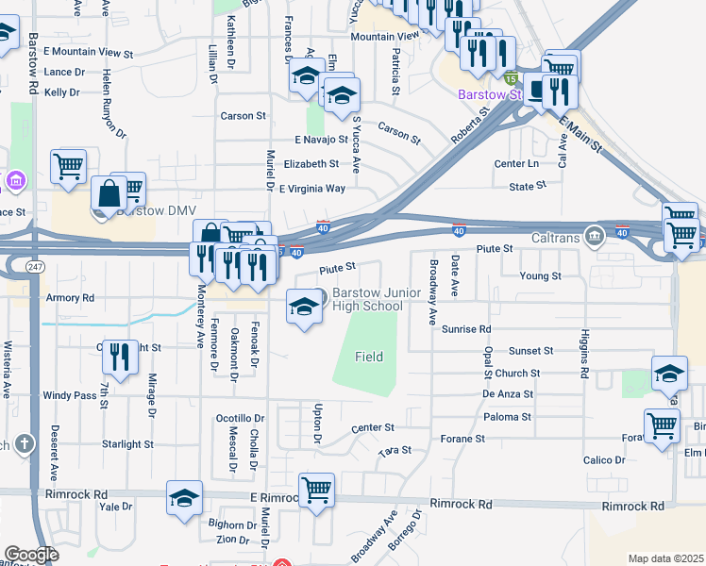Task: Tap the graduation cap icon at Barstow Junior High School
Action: point(303,308)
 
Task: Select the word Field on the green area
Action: point(369,357)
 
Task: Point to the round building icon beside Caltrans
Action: point(593,234)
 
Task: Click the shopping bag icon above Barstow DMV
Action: point(110,193)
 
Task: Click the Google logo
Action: point(31,555)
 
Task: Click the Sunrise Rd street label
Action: point(466,329)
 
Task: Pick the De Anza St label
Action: point(508,394)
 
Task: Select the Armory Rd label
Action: point(70,297)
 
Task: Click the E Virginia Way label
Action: point(311,189)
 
